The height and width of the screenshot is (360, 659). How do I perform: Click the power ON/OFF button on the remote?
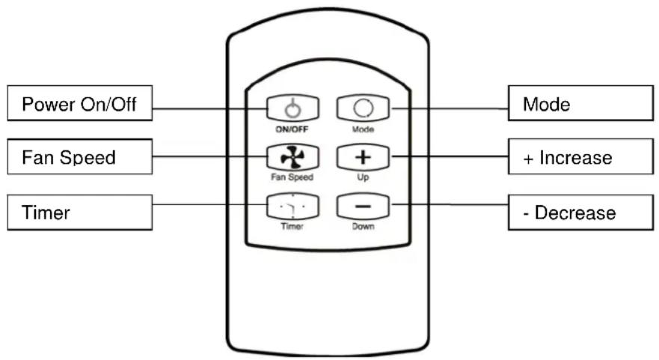tap(293, 109)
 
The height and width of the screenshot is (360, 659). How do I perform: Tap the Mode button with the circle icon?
tap(363, 109)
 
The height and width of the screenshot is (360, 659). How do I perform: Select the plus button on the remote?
tap(363, 157)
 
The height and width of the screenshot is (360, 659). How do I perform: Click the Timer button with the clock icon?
tap(293, 206)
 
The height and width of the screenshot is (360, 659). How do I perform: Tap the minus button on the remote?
tap(363, 206)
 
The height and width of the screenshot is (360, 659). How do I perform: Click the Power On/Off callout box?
tap(80, 103)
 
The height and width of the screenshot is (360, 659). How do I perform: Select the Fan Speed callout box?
tap(80, 157)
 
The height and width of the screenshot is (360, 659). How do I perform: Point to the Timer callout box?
tap(80, 213)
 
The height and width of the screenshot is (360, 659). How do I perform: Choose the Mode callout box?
tap(580, 103)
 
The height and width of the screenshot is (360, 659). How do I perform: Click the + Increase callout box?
tap(580, 157)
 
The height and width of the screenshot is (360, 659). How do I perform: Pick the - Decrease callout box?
tap(580, 213)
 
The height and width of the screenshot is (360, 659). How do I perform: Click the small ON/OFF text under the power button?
tap(292, 129)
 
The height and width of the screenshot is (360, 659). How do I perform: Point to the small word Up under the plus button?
tap(363, 177)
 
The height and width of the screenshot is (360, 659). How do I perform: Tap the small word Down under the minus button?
tap(363, 226)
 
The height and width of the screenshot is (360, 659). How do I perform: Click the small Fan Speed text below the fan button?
tap(292, 177)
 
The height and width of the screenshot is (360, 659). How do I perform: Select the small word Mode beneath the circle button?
tap(363, 129)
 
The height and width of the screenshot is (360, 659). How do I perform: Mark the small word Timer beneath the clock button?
tap(292, 226)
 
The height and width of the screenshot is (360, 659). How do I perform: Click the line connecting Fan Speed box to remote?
tap(209, 156)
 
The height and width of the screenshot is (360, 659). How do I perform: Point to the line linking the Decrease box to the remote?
tap(450, 205)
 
